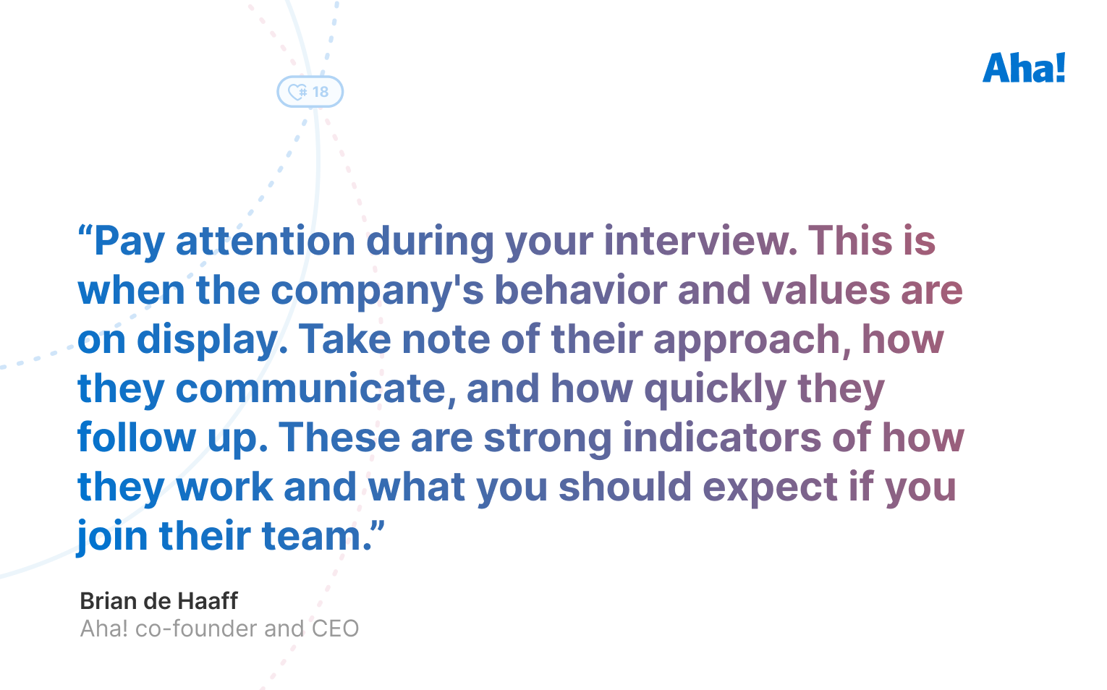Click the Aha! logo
point(1023,68)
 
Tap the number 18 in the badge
point(321,92)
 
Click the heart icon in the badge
point(297,92)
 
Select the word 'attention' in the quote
point(265,242)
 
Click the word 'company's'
point(377,291)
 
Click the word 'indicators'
point(721,438)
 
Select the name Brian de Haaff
point(158,601)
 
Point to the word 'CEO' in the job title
point(335,629)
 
